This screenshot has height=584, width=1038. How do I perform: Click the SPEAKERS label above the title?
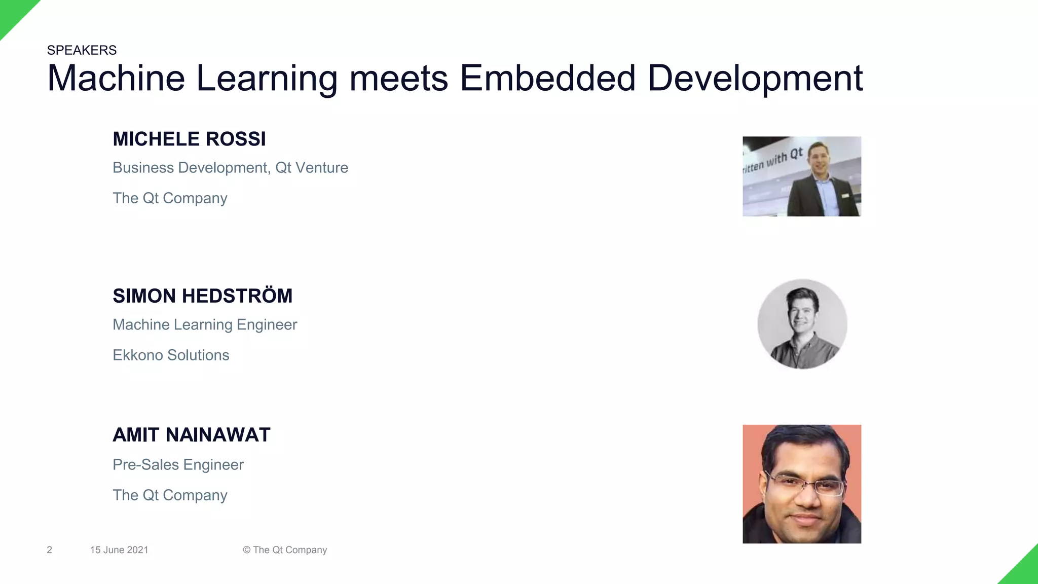tap(82, 50)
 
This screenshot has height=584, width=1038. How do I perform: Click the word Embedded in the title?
tap(547, 78)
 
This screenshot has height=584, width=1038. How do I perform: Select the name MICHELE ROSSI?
tap(189, 139)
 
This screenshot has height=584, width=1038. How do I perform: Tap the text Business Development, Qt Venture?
tap(230, 168)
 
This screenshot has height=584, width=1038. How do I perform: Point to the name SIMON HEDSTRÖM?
tap(202, 296)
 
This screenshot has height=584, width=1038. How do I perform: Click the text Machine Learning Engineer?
tap(205, 325)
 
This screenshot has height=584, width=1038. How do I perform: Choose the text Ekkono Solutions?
tap(171, 355)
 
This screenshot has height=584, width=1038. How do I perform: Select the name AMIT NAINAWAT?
tap(191, 435)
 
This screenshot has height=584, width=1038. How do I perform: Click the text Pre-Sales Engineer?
tap(178, 465)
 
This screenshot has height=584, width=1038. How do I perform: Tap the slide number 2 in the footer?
tap(49, 550)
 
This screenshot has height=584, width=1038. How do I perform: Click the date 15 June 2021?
tap(119, 550)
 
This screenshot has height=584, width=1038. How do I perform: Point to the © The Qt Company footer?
tap(285, 550)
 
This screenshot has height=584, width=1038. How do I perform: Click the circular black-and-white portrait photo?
tap(802, 324)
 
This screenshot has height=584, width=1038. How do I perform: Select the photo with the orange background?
tap(802, 484)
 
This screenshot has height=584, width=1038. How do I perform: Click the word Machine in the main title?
tap(116, 78)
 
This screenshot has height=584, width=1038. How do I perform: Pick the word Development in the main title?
tap(755, 78)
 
